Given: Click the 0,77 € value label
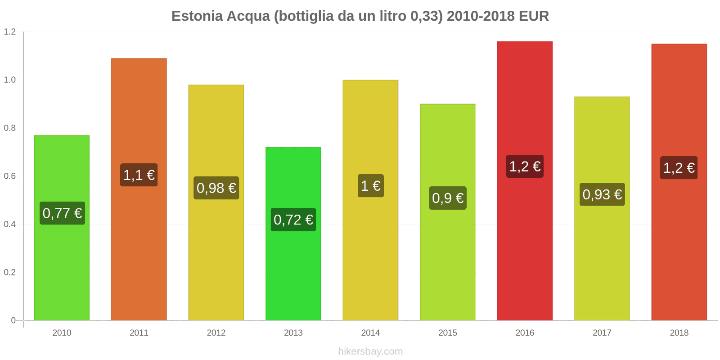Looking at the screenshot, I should (x=62, y=213).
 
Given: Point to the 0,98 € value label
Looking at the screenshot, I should (x=216, y=188).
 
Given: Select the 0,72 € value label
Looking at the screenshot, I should (x=293, y=220).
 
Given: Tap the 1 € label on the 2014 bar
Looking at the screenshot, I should (x=371, y=186).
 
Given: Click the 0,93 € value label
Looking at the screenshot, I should (x=602, y=194).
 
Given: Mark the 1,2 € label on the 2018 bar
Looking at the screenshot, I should (x=679, y=168).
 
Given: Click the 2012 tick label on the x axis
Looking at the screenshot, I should (x=216, y=333).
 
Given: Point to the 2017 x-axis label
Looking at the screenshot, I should (x=602, y=333).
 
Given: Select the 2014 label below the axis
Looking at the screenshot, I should (x=370, y=333).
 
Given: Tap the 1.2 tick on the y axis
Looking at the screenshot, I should (x=10, y=32).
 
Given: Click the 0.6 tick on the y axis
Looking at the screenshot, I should (x=10, y=176).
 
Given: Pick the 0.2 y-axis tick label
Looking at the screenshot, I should (x=10, y=273).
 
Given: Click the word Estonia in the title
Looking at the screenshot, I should (x=197, y=16).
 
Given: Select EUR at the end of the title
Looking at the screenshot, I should (x=534, y=16).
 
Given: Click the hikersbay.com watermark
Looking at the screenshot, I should (x=370, y=351).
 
